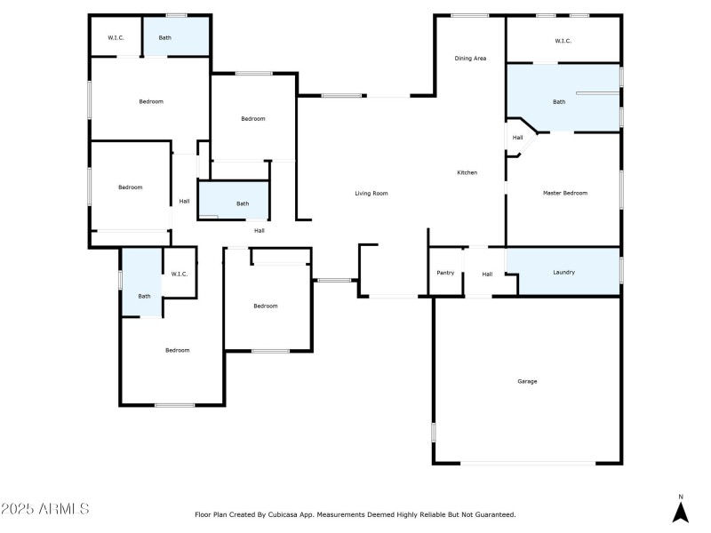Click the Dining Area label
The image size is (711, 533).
coord(470,59)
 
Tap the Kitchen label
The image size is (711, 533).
coord(467,172)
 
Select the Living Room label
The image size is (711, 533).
coord(371,193)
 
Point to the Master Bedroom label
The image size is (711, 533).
coord(565,193)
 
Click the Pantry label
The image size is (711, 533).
coord(445,273)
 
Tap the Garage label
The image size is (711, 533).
coord(527,381)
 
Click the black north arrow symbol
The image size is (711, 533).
coord(681,513)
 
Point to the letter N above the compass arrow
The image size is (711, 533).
coord(681,497)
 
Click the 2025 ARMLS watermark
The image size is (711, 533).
coord(45,509)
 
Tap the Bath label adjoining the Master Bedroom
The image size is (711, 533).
coord(559,102)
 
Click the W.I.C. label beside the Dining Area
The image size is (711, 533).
coord(563,41)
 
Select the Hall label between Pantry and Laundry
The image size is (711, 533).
coord(487,274)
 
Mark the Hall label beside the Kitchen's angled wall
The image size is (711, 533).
coord(517,138)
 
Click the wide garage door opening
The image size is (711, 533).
coord(528,463)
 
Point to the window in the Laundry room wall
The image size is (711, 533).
coord(621,269)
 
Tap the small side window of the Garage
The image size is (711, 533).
coord(434,433)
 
